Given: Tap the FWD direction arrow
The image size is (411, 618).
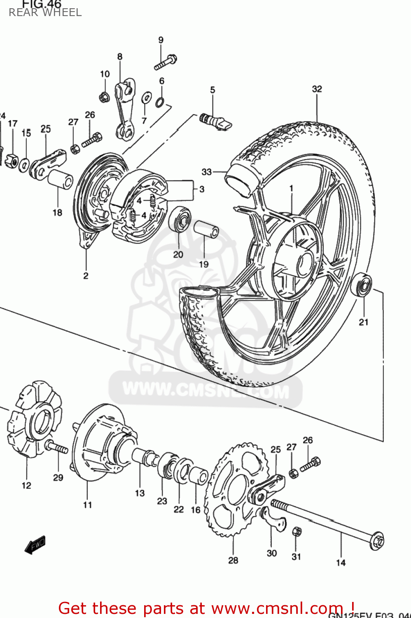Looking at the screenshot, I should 35,545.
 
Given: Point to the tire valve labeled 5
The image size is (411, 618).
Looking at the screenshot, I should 215,121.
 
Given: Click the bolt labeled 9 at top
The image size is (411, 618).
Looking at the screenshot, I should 166,62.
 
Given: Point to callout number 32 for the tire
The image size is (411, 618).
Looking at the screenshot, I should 317,89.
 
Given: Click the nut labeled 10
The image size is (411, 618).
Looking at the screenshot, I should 104,97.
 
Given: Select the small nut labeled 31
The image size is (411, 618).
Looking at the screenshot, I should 297,531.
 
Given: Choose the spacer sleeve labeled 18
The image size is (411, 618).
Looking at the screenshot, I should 61,179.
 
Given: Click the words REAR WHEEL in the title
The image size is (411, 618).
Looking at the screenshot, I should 45,13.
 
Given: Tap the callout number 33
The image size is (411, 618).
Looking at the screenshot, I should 206,172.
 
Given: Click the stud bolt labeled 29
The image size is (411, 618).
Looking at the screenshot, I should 57,447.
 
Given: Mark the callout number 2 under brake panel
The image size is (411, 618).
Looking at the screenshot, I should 86,276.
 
